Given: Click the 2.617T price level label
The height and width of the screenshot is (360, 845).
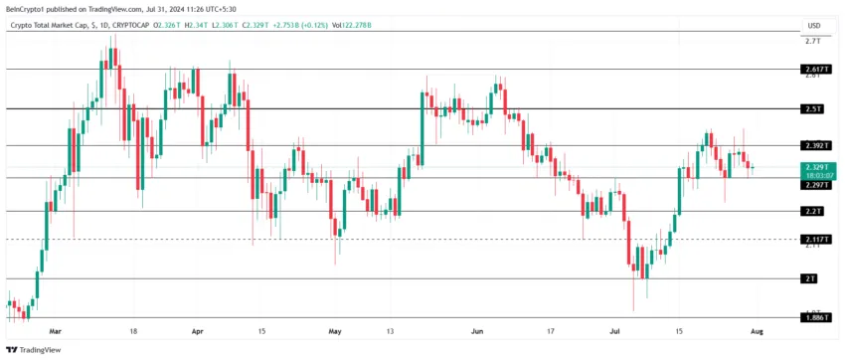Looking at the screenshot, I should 815,70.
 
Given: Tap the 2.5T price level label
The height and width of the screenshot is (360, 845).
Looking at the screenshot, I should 815,108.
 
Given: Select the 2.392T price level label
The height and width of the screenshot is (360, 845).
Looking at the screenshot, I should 815,145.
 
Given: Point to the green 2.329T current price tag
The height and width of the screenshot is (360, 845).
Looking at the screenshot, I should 815,168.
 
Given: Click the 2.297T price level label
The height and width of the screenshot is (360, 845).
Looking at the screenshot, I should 815,184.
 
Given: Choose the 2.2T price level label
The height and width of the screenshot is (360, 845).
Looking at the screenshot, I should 815,212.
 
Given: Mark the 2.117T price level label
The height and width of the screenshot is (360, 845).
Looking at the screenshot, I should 815,240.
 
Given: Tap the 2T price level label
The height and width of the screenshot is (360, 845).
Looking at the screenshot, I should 815,278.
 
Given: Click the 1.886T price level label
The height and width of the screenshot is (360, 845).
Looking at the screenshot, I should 815,317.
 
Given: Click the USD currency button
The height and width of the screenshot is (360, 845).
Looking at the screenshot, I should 814,25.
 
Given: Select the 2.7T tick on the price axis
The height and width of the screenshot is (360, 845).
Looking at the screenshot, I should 812,42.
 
